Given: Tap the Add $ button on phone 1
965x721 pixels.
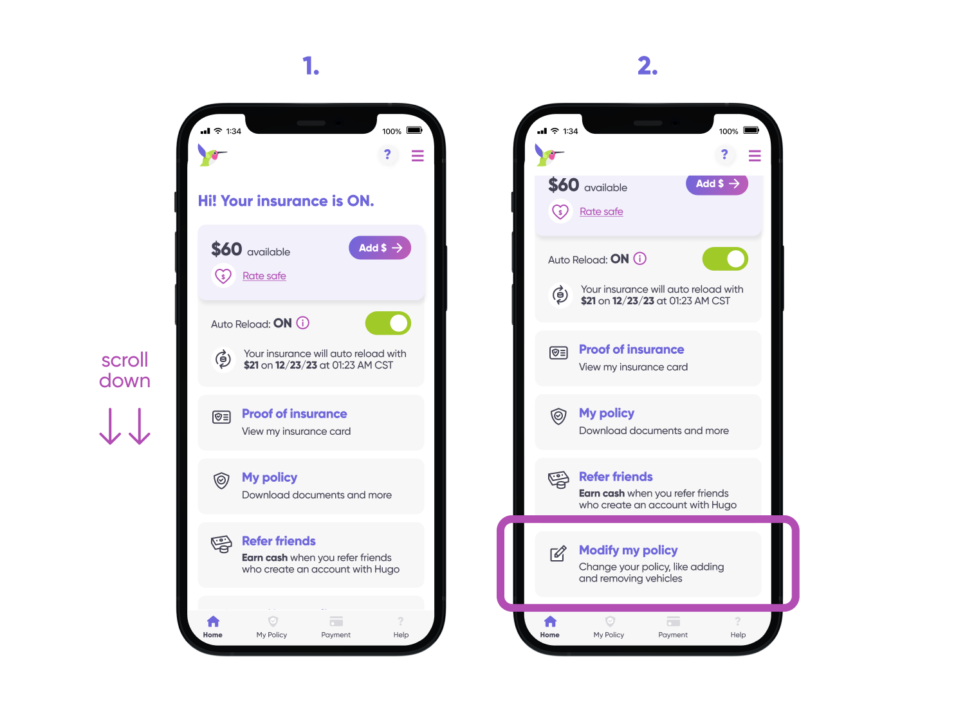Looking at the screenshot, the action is click(x=380, y=248).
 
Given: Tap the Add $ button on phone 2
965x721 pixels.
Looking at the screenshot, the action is click(x=717, y=184).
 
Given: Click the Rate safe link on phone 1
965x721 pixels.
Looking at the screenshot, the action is click(x=264, y=276).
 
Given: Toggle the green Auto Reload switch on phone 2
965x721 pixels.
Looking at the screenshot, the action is click(x=725, y=259).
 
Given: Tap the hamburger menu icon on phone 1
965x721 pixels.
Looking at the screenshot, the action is click(x=418, y=156).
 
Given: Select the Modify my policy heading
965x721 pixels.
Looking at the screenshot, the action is click(x=629, y=550).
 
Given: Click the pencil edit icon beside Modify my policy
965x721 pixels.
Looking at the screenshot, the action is click(x=558, y=553).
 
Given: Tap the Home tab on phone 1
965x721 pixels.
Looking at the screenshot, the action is click(x=213, y=627).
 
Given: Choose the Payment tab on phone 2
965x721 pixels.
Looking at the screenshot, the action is click(x=673, y=627).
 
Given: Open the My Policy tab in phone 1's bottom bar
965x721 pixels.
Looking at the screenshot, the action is click(x=271, y=627).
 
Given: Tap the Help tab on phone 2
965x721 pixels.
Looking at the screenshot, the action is click(x=738, y=627).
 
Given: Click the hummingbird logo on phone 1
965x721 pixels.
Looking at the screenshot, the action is click(x=212, y=155).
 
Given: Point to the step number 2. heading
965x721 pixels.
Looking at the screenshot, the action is click(x=648, y=66).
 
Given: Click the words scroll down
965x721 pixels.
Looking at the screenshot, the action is click(x=125, y=370).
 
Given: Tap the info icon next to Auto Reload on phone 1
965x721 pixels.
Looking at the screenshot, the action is click(x=303, y=323).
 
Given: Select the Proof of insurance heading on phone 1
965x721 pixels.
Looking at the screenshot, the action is click(x=294, y=414).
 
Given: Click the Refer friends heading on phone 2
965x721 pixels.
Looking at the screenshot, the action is click(x=616, y=477).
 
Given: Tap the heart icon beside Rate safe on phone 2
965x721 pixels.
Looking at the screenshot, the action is click(x=560, y=212).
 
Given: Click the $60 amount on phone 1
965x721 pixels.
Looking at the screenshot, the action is click(x=226, y=249).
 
